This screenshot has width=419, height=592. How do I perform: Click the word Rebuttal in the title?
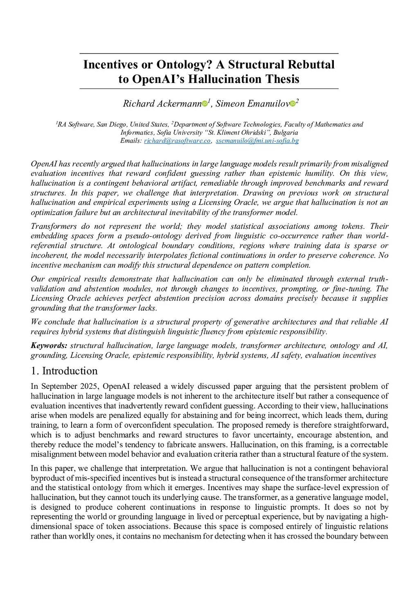(x=311, y=65)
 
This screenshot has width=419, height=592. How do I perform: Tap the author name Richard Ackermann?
(x=162, y=103)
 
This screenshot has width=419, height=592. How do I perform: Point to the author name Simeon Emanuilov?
(x=252, y=103)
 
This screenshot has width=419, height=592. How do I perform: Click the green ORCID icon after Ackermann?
(x=205, y=104)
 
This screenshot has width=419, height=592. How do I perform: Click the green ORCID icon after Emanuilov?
(x=293, y=104)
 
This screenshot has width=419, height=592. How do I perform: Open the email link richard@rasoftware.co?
(x=177, y=141)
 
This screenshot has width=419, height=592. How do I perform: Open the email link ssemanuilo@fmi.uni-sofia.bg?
(x=257, y=141)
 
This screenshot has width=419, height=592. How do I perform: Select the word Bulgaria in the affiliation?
(x=286, y=132)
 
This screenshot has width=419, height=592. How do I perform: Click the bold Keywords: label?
(x=49, y=345)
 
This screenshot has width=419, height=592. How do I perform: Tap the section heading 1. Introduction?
(x=64, y=371)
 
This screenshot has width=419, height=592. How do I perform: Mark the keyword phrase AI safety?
(x=286, y=355)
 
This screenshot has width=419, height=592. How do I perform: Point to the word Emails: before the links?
(x=131, y=141)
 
